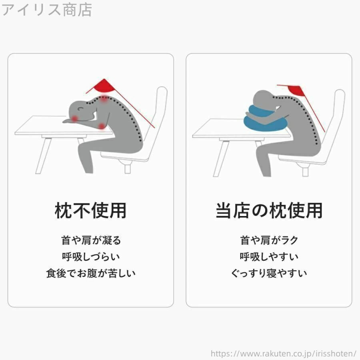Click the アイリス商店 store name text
point(47,10)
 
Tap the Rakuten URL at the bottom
point(283,353)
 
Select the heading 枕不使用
point(90,210)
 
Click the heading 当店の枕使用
point(269,210)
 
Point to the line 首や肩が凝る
point(91,240)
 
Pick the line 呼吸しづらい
point(91,256)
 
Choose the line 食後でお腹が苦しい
point(91,273)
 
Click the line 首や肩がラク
point(269,240)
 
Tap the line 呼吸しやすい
point(269,256)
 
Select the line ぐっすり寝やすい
point(269,273)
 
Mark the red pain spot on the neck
point(104,99)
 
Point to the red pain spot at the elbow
point(102,126)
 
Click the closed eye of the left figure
point(80,108)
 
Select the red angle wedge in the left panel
point(103,86)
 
